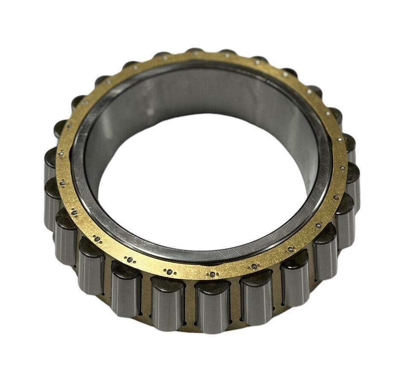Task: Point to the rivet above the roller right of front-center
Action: tap(254, 267)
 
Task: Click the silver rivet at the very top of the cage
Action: tap(195, 55)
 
